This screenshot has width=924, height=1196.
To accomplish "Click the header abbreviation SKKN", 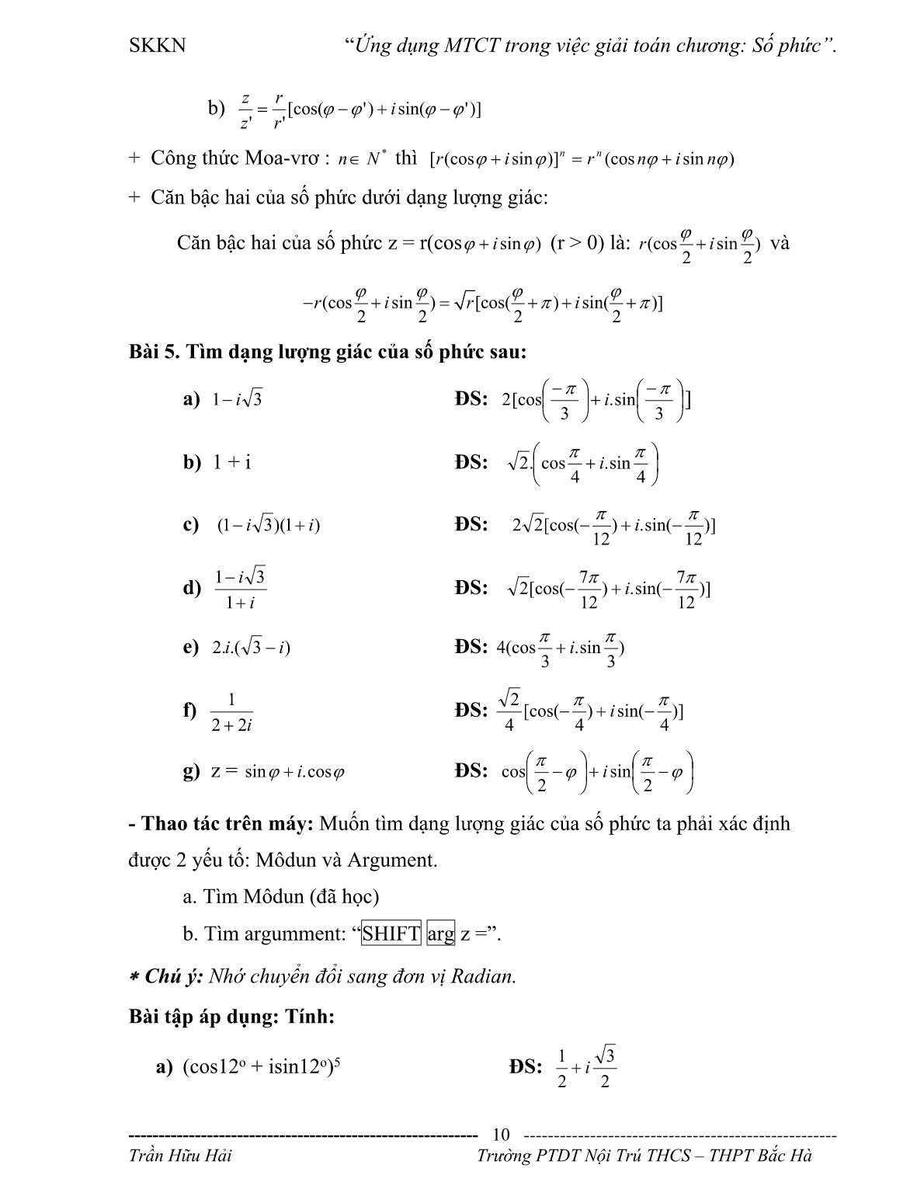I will click(x=158, y=45).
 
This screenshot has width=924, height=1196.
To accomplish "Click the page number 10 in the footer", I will click(x=502, y=1135).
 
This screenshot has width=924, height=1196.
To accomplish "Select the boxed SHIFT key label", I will click(x=391, y=934).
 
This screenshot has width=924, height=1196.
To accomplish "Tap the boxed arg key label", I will click(x=440, y=934).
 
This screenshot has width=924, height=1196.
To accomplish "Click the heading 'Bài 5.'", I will click(x=155, y=352).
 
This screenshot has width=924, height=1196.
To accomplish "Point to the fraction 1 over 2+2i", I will click(x=232, y=711).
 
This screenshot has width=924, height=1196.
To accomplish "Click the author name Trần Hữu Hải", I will click(x=179, y=1156).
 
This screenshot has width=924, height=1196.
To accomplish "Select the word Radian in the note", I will click(x=484, y=976).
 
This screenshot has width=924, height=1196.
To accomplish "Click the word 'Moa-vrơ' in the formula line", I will click(x=284, y=158).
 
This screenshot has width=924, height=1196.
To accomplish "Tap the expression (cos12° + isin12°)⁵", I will click(x=262, y=1067).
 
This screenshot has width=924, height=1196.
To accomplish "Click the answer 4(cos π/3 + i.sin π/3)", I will click(x=560, y=648).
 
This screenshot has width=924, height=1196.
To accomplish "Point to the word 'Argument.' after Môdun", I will click(x=392, y=860).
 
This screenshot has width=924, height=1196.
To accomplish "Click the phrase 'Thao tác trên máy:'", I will click(x=228, y=823).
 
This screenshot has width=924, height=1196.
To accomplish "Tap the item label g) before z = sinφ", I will click(x=191, y=771).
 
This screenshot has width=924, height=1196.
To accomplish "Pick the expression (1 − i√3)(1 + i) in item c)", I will click(x=268, y=526).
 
